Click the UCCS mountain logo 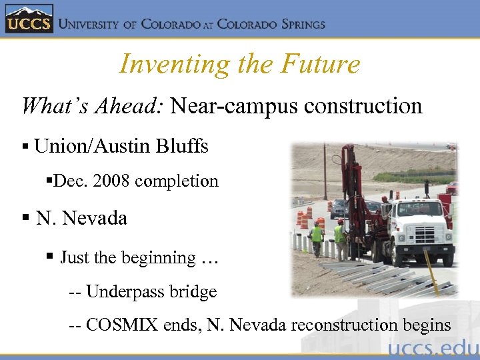[x=28, y=19]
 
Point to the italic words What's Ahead [x=93, y=106]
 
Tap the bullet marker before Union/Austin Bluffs [x=25, y=147]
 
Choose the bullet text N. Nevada [x=81, y=218]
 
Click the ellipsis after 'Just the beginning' [x=209, y=258]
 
